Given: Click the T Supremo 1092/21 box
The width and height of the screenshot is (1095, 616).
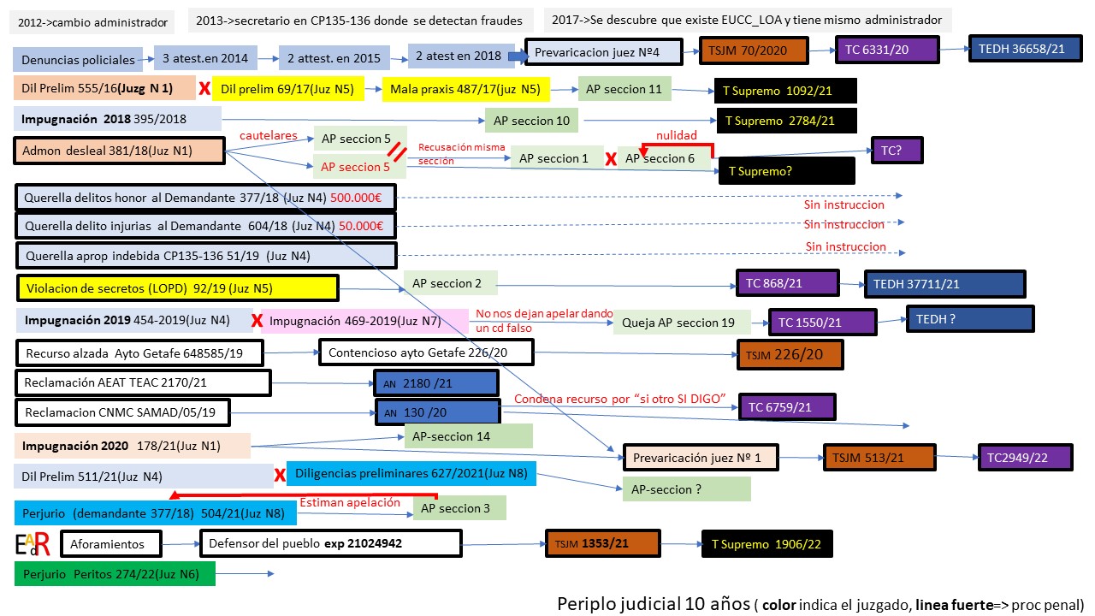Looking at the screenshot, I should pyautogui.click(x=785, y=90).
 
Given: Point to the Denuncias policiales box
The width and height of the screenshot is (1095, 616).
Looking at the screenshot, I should pyautogui.click(x=78, y=59).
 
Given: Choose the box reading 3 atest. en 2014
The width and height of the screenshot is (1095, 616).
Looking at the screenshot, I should pyautogui.click(x=205, y=58).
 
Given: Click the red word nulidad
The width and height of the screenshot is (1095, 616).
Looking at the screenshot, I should pyautogui.click(x=678, y=135).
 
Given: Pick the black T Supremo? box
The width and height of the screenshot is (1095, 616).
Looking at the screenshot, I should pyautogui.click(x=786, y=170).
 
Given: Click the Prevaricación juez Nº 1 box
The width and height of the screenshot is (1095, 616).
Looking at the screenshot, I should pyautogui.click(x=699, y=457).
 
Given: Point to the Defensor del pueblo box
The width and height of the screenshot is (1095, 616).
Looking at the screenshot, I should pyautogui.click(x=330, y=542).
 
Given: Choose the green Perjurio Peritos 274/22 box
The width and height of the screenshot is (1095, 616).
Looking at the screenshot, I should pyautogui.click(x=115, y=573).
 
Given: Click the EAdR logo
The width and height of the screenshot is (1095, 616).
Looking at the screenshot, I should pyautogui.click(x=33, y=543).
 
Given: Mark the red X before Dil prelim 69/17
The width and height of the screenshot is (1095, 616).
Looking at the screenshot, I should pyautogui.click(x=204, y=88).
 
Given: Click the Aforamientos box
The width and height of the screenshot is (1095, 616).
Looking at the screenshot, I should pyautogui.click(x=114, y=543).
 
